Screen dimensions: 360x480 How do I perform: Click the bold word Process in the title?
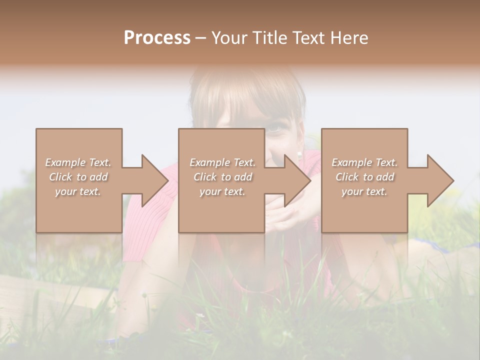point(157,37)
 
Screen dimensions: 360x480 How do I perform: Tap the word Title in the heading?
point(269,37)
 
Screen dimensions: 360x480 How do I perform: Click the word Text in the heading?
point(307,37)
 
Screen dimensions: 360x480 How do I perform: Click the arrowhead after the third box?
point(439,180)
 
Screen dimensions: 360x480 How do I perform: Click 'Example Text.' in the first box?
point(78,162)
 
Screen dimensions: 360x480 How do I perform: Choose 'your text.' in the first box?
point(78,191)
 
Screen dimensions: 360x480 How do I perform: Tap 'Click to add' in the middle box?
point(222,177)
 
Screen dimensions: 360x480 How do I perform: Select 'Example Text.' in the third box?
point(364,162)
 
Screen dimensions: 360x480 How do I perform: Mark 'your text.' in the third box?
point(364,191)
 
